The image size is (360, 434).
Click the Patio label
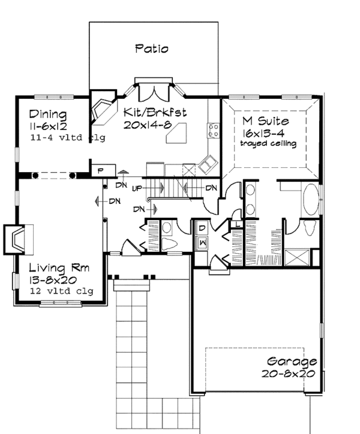(151, 49)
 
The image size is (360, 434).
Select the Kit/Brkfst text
(157, 111)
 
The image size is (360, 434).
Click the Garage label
(292, 362)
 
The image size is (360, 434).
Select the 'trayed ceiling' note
(268, 144)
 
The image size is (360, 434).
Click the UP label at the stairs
(136, 189)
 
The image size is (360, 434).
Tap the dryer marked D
(203, 228)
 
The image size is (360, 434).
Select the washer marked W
(203, 242)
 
